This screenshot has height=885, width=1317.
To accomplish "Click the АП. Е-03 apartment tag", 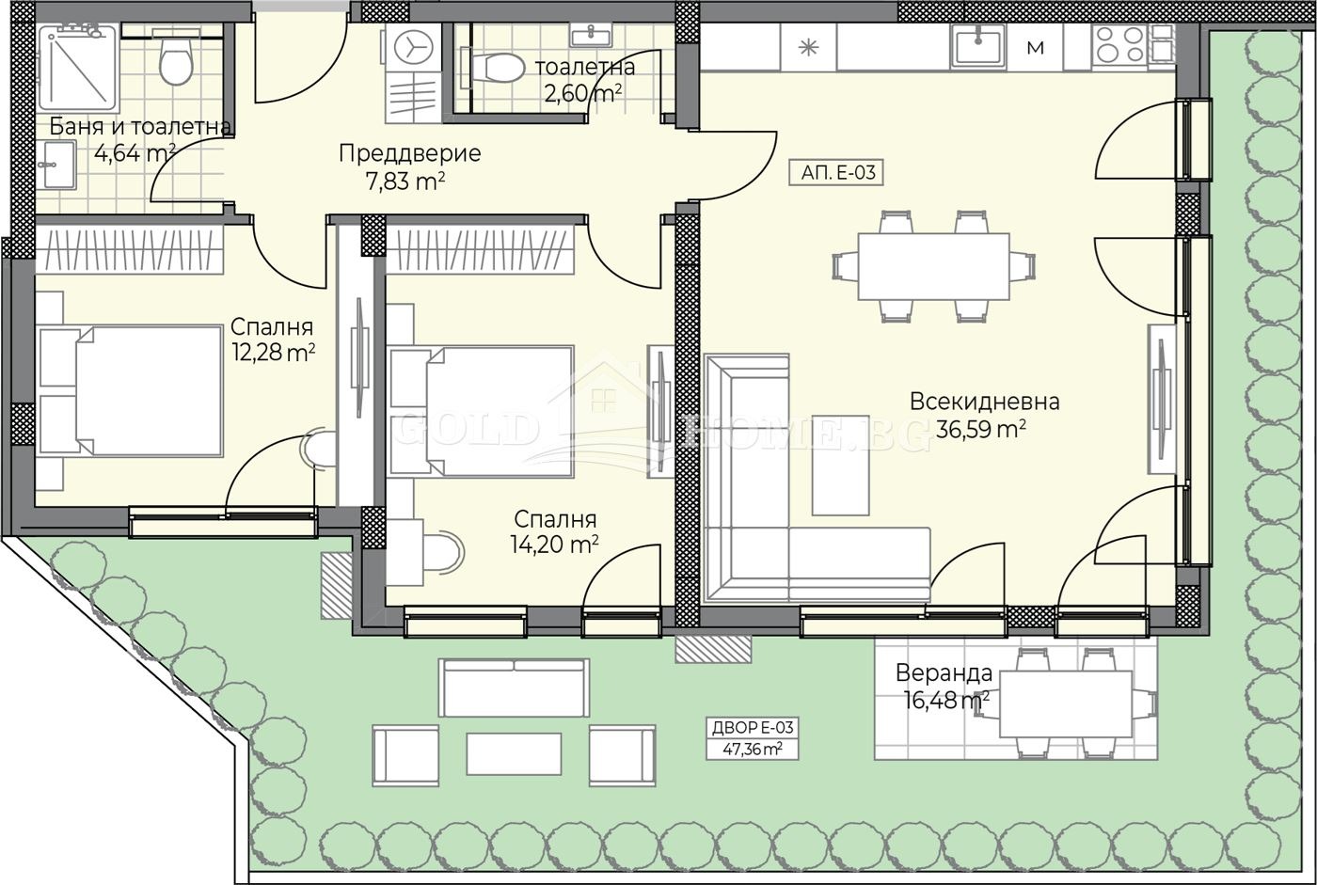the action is [835, 173].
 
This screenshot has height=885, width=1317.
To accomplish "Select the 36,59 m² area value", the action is [980, 429].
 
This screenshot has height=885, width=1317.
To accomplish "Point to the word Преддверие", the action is [410, 153].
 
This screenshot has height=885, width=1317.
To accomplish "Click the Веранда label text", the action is [944, 672].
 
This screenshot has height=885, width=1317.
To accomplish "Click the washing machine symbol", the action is [413, 47].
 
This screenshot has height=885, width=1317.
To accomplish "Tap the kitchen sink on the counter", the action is [978, 46].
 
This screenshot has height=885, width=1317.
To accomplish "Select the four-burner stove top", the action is [1120, 44].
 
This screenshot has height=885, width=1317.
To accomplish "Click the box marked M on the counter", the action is [1036, 48].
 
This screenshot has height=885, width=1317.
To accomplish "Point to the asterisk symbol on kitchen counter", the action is [809, 47].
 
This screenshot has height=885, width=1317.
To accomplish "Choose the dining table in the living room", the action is [933, 266].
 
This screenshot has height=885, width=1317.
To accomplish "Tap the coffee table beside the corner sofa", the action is [840, 465].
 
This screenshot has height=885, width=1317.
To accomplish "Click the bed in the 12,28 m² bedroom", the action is [131, 391].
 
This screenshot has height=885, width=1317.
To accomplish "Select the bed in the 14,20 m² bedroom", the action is [481, 411].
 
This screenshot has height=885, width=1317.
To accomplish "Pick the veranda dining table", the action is [1066, 704].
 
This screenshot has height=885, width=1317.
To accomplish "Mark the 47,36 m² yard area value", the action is [753, 750].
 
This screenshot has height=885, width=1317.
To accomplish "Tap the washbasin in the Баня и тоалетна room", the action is [58, 165].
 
